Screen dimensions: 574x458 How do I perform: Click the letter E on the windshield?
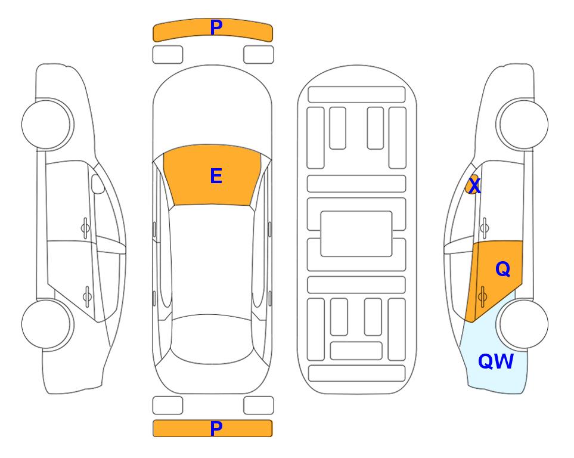216,176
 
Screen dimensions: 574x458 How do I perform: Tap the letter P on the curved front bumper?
216,27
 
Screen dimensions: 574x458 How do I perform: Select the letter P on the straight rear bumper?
216,428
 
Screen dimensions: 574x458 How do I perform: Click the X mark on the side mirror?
474,185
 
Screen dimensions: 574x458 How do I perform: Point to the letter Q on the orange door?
502,270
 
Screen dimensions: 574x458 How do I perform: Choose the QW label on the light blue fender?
496,361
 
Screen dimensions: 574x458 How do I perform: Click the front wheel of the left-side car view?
47,125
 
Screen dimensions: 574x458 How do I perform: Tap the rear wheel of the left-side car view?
47,324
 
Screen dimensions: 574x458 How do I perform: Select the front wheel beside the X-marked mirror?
522,125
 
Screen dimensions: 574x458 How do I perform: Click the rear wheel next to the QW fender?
522,324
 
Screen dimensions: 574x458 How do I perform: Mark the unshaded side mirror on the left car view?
97,184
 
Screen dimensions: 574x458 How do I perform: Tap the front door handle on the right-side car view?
484,228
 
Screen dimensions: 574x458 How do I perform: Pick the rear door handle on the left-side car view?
87,296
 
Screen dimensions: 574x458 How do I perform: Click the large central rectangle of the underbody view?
356,234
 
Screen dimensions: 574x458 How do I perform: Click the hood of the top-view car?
212,110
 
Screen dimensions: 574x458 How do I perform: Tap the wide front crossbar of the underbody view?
356,95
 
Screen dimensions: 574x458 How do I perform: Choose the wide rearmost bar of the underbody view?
357,373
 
